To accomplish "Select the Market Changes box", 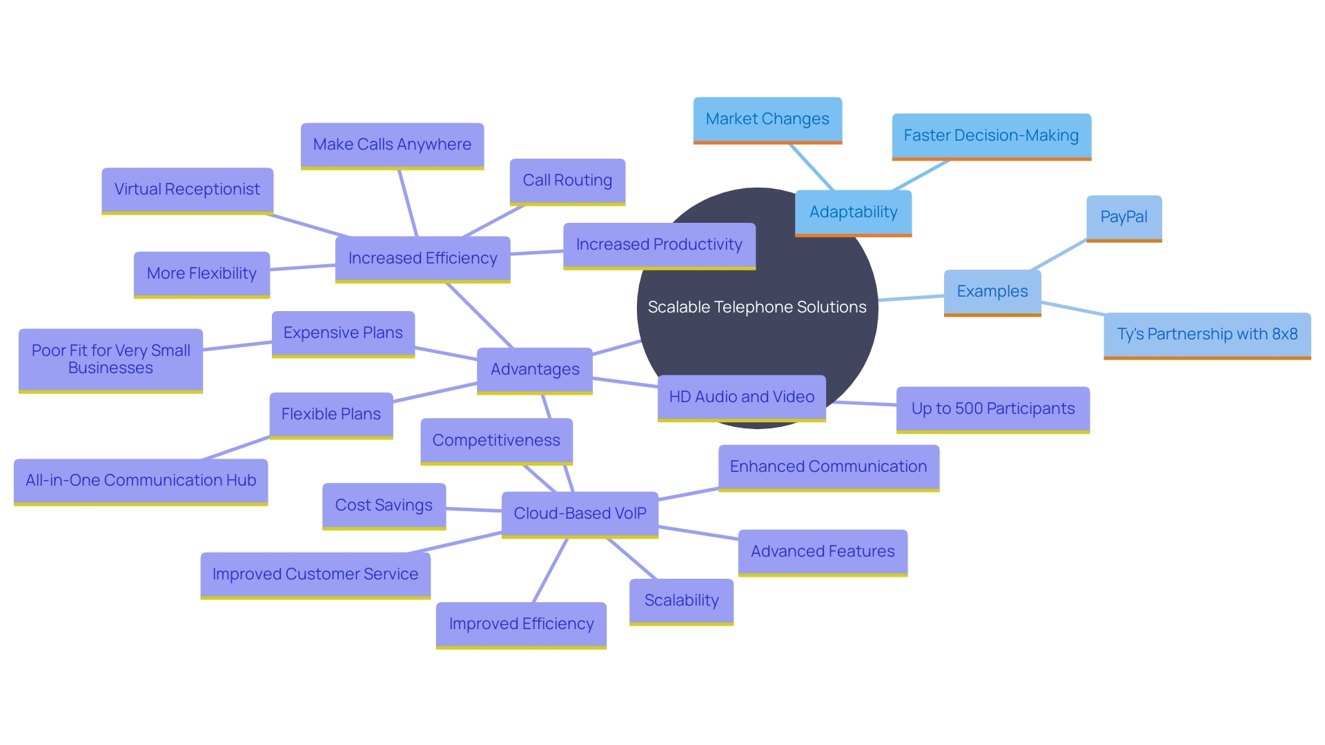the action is [767, 119].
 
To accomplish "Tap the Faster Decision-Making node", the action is [991, 136].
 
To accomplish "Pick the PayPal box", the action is [1123, 217].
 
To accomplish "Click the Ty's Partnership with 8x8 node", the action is [1207, 335].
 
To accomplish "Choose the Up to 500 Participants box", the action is [992, 409].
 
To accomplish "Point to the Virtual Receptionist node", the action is [187, 190].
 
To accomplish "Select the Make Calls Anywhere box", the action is [392, 145].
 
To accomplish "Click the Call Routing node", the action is [567, 181].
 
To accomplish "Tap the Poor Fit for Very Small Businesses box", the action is [110, 359].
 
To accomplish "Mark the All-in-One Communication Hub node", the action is [141, 481].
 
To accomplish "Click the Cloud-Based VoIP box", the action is [580, 514].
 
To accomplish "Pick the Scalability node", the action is [681, 601].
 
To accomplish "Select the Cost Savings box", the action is [384, 506].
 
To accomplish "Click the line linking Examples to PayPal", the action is [1059, 255].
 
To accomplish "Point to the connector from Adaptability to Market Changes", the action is [812, 167].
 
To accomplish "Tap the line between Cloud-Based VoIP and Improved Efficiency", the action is [551, 570].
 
